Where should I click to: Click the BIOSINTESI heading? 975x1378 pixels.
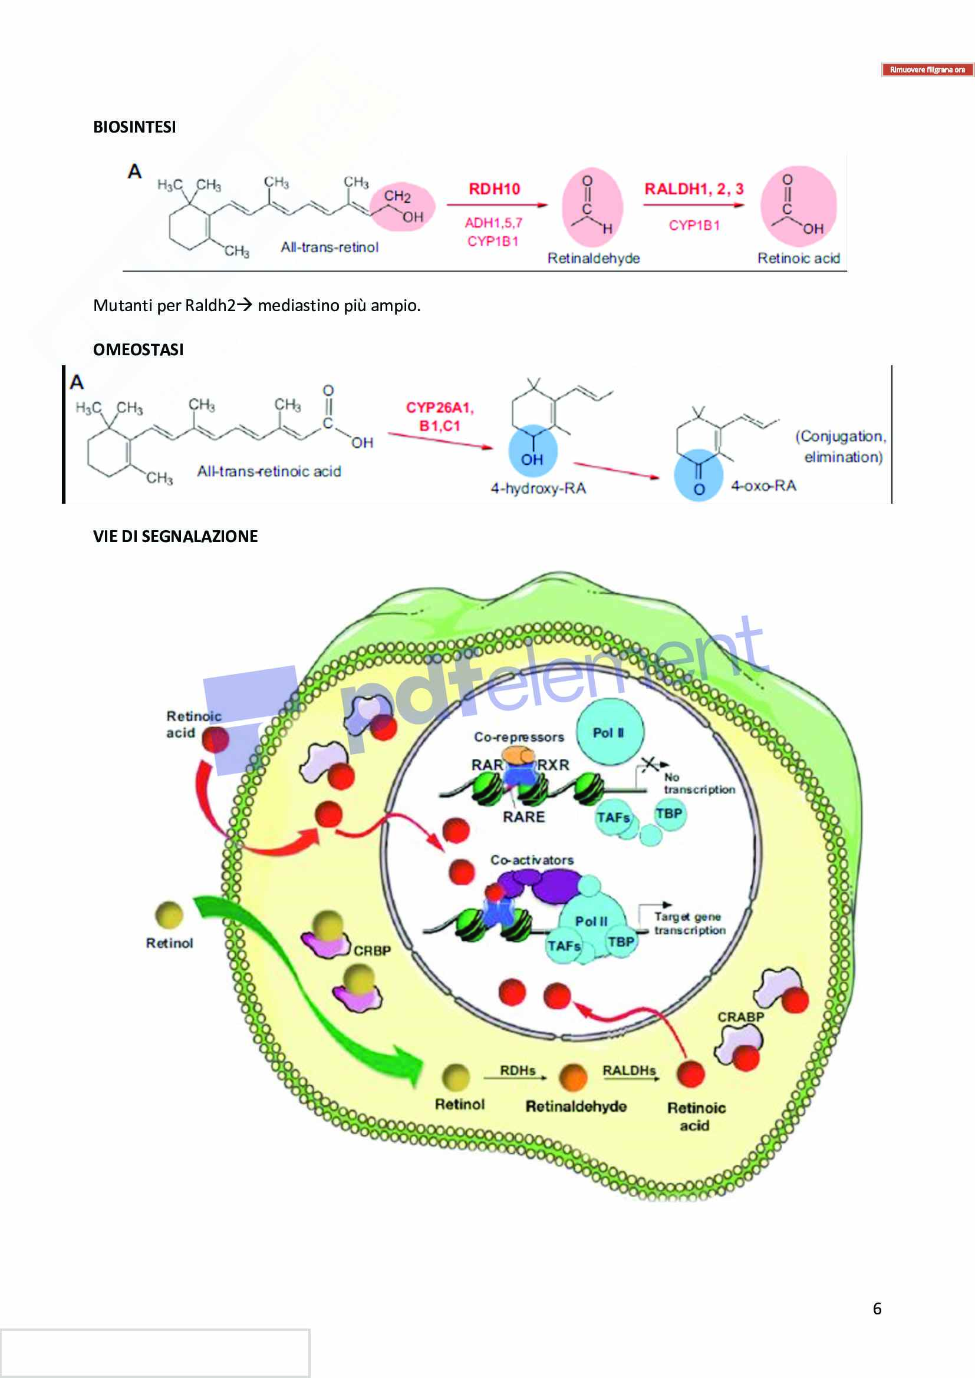[x=134, y=127]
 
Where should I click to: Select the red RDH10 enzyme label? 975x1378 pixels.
[x=493, y=189]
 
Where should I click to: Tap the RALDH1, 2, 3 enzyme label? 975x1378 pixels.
[x=693, y=189]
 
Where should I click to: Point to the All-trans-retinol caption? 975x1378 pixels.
[x=330, y=247]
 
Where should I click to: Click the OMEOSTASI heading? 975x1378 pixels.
[x=138, y=350]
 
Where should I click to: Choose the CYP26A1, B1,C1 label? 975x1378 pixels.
[x=440, y=417]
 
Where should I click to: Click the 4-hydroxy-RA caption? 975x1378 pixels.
[x=538, y=488]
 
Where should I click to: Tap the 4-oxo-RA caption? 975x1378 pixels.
[x=763, y=485]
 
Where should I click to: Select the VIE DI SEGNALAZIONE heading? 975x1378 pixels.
[x=175, y=537]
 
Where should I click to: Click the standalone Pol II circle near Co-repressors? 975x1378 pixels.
[x=609, y=732]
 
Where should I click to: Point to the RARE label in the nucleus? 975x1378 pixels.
[x=523, y=817]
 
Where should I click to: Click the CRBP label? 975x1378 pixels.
[x=371, y=951]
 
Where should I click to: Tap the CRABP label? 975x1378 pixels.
[x=740, y=1017]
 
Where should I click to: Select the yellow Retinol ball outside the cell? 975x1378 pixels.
[x=169, y=915]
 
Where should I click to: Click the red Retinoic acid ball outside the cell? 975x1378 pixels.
[x=215, y=739]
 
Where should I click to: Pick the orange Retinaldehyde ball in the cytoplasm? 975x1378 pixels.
[x=573, y=1077]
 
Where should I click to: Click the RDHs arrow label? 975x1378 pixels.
[x=517, y=1070]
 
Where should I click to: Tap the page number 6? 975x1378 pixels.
[x=877, y=1308]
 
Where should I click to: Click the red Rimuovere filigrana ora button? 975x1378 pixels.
[x=927, y=70]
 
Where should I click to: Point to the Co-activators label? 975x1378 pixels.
[x=531, y=860]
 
